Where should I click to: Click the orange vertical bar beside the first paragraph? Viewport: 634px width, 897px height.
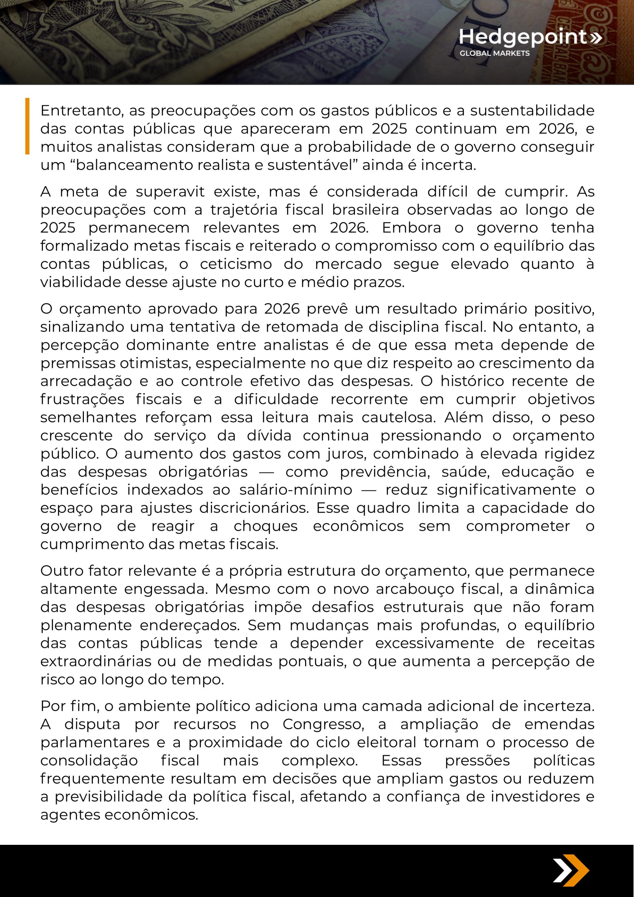(x=27, y=126)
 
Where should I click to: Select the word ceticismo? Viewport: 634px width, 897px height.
(x=236, y=264)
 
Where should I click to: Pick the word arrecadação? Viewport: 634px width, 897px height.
(x=86, y=381)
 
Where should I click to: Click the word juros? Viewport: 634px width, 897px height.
(x=352, y=454)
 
